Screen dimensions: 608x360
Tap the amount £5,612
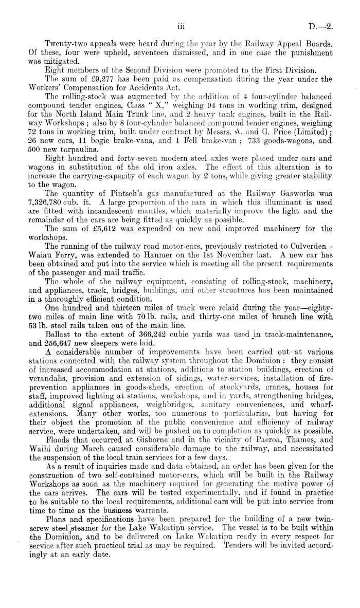pos(101,228)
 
